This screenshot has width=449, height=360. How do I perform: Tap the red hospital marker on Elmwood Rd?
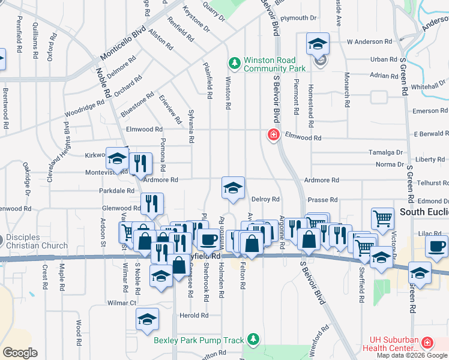[274, 135]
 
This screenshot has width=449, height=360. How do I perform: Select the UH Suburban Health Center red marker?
[427, 343]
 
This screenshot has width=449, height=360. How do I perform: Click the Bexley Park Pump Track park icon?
[254, 340]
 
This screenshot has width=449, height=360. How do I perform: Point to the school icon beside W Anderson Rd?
[318, 44]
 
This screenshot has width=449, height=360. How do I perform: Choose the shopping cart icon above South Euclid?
[382, 219]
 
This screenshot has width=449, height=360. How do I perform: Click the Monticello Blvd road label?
[122, 43]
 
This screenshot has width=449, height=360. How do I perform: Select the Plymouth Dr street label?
[298, 19]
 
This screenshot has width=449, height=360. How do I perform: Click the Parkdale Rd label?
[117, 191]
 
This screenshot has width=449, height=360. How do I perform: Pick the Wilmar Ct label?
[122, 303]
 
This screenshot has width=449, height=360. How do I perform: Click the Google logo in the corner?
[20, 352]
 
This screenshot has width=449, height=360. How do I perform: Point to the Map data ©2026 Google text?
[412, 355]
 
